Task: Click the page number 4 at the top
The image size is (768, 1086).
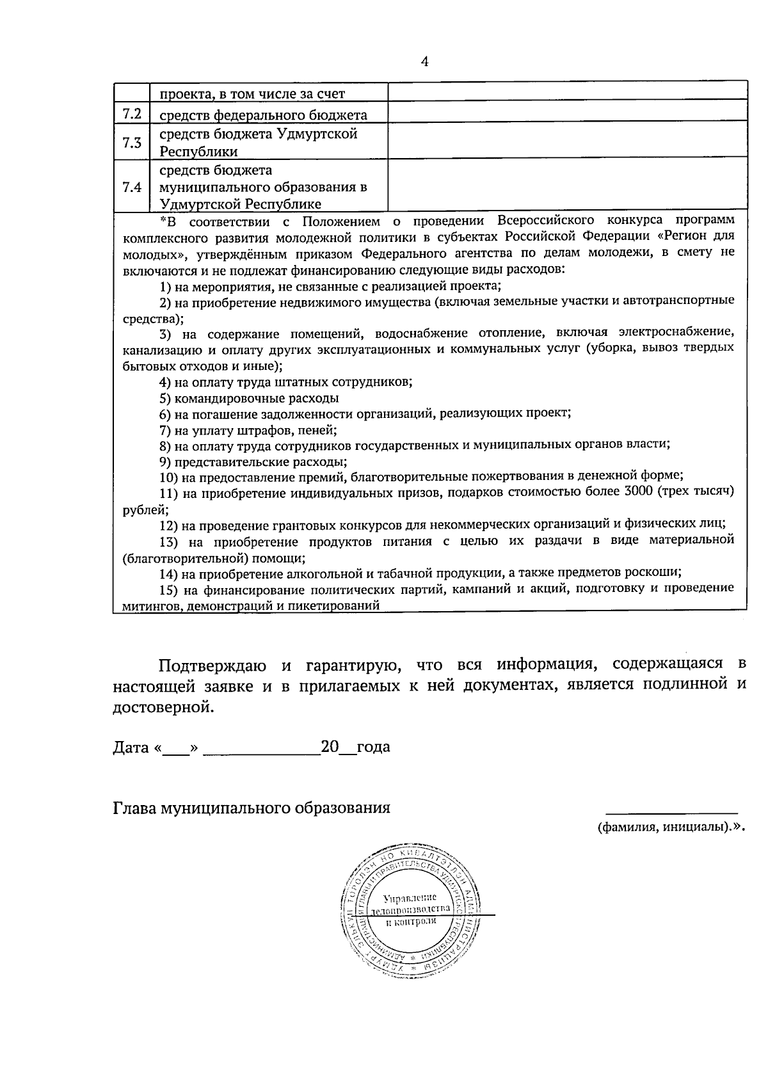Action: pyautogui.click(x=424, y=61)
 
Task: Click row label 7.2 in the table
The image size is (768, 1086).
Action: pyautogui.click(x=131, y=115)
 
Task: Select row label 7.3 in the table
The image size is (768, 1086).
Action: pyautogui.click(x=131, y=142)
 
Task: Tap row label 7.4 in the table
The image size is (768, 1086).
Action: pyautogui.click(x=131, y=187)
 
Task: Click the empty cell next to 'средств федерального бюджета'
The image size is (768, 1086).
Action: pyautogui.click(x=567, y=111)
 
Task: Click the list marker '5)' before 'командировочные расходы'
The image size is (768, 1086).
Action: pyautogui.click(x=165, y=398)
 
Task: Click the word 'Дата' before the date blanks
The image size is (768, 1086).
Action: pyautogui.click(x=131, y=747)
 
